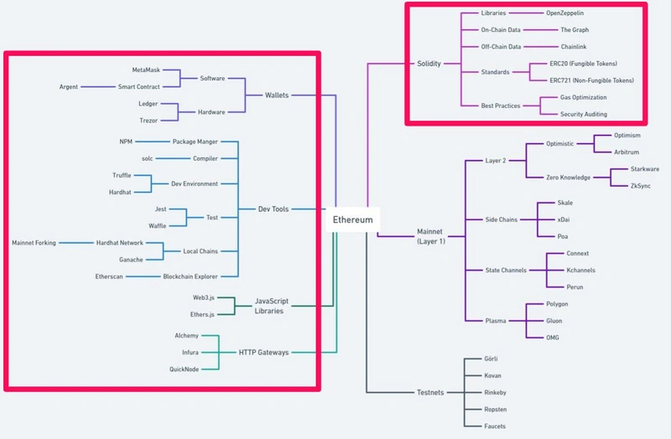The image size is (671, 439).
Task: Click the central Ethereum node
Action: tap(352, 219)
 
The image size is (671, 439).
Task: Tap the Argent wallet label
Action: tap(69, 86)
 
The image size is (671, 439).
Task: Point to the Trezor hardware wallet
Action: tap(148, 121)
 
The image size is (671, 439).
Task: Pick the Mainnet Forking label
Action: tap(34, 242)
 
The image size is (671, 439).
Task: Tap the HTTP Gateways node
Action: tap(263, 352)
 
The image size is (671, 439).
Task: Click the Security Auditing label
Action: tap(584, 114)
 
